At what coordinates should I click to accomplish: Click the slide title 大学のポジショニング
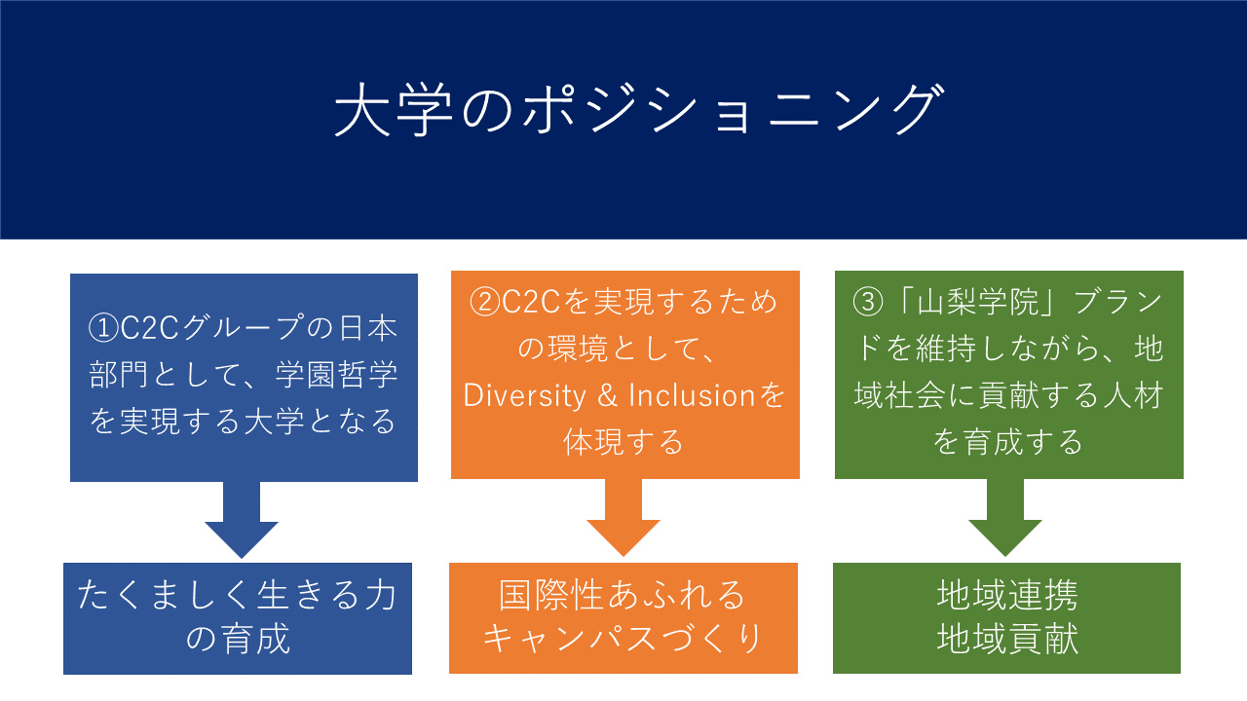pos(638,109)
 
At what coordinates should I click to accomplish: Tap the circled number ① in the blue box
pos(103,328)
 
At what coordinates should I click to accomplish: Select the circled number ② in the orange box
pos(485,302)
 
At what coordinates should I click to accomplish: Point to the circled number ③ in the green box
pos(868,302)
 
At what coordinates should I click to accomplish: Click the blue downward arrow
pos(242,520)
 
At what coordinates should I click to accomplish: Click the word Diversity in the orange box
pos(524,395)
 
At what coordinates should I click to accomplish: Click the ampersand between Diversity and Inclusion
pos(607,395)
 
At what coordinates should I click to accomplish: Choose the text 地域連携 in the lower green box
pos(1007,595)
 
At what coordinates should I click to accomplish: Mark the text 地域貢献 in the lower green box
pos(1007,638)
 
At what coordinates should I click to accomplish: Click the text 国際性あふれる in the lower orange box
pos(622,595)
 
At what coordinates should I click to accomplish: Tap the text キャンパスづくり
pos(622,638)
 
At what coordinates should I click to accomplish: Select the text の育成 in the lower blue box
pos(238,638)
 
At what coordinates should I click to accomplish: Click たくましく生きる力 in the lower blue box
pos(237,595)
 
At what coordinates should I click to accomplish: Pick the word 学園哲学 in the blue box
pos(337,375)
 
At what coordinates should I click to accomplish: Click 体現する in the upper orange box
pos(623,442)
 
